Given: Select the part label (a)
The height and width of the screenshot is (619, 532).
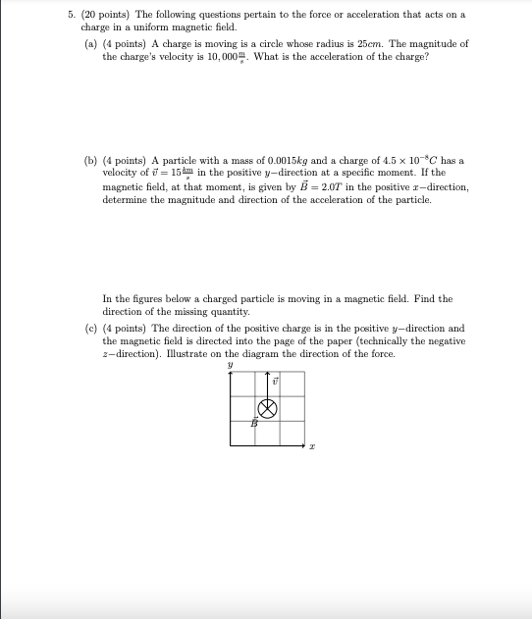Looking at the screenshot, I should (x=90, y=45).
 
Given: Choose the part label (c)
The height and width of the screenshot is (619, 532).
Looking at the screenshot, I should (x=90, y=329).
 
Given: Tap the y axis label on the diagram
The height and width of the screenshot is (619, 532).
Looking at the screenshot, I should (x=229, y=364).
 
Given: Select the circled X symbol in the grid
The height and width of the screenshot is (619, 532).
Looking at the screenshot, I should (x=266, y=408).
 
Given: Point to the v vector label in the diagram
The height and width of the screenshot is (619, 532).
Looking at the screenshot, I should (x=276, y=380).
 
